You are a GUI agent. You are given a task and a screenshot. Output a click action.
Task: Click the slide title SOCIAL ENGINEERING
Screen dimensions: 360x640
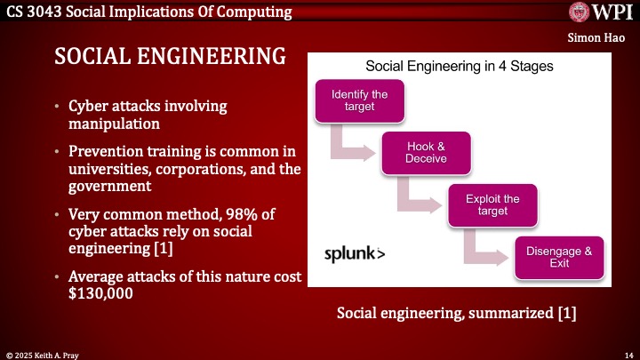pyautogui.click(x=170, y=56)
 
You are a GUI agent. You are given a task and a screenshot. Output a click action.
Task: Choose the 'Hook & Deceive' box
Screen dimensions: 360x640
pyautogui.click(x=426, y=153)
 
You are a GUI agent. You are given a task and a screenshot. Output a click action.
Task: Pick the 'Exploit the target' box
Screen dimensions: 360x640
pyautogui.click(x=492, y=204)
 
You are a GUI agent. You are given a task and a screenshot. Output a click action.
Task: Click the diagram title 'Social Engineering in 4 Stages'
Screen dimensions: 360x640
pyautogui.click(x=460, y=66)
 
